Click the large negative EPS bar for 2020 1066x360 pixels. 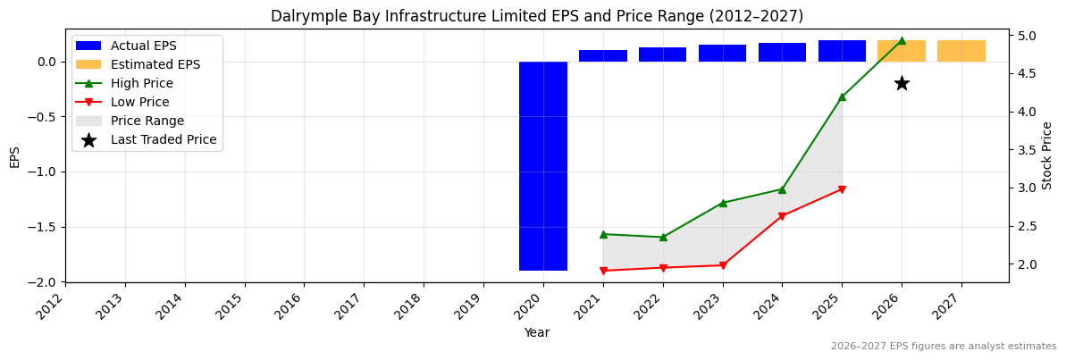coord(543,165)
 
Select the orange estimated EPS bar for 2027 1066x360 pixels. coord(961,51)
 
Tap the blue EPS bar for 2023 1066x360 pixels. coord(722,54)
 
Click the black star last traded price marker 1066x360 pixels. coord(902,83)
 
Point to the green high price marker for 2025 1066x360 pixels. coord(842,96)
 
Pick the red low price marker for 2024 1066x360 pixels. coord(782,216)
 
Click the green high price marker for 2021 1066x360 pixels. coord(603,234)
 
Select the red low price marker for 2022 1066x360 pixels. coord(663,268)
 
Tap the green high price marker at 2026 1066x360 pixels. coord(902,40)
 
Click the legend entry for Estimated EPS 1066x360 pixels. coord(155,64)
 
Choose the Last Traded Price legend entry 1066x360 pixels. coord(164,139)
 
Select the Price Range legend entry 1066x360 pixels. coord(147,121)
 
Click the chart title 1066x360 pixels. coord(537,16)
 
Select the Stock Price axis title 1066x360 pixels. coord(1047,155)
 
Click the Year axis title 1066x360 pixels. coord(537,332)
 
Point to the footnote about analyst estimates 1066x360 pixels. coord(944,347)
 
